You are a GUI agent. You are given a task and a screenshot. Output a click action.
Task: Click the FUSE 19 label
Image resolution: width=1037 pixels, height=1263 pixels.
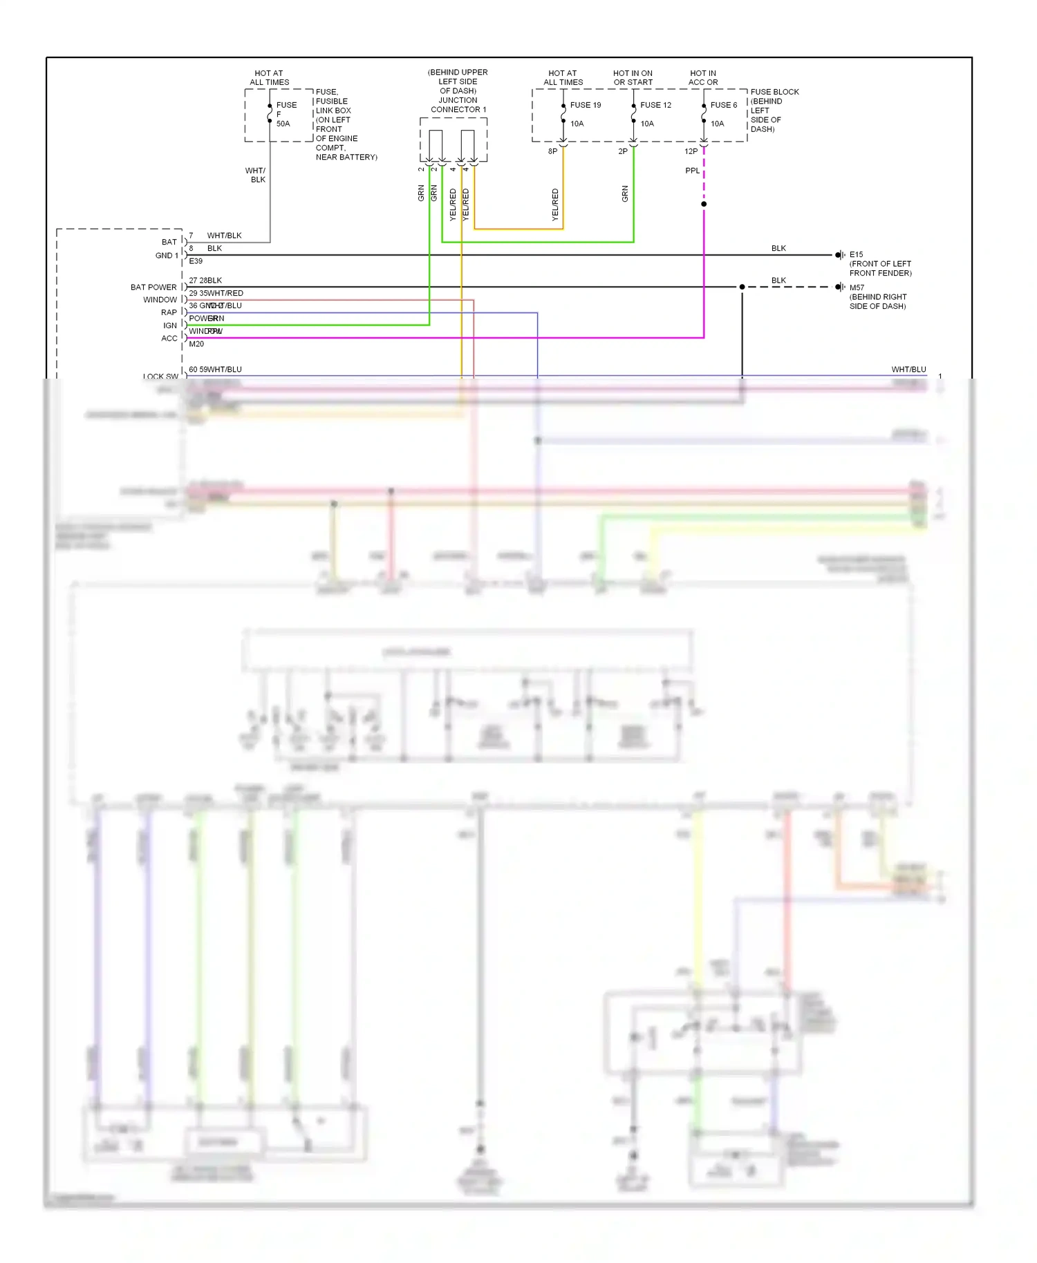click(585, 105)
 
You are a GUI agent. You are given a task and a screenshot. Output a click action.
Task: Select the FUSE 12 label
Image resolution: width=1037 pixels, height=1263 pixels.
click(655, 105)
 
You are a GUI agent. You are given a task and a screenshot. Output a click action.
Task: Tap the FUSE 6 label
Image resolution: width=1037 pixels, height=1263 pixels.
click(724, 105)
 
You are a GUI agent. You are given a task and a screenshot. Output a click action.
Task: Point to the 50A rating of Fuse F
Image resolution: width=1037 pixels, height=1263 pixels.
click(283, 124)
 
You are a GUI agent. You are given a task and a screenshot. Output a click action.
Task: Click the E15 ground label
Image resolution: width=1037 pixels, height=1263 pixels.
click(857, 254)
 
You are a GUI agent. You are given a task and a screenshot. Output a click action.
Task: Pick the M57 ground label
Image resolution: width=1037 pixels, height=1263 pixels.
click(857, 287)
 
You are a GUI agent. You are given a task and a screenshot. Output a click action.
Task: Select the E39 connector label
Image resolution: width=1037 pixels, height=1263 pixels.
click(196, 261)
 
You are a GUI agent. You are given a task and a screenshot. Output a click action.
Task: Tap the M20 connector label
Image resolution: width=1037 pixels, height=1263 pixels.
click(196, 343)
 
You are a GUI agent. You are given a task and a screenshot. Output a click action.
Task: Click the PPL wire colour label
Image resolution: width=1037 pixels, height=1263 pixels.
click(692, 171)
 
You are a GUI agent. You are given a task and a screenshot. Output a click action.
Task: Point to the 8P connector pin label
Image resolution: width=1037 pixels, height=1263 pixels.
click(552, 151)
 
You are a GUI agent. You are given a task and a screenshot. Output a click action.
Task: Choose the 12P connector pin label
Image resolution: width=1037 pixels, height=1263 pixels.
click(691, 151)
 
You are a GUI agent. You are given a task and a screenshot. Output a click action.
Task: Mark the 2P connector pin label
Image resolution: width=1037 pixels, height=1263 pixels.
click(623, 151)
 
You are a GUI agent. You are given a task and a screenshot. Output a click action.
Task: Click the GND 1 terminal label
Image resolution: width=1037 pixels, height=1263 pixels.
click(167, 256)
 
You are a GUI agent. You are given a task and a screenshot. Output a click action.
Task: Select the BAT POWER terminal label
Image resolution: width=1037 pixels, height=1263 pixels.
click(153, 287)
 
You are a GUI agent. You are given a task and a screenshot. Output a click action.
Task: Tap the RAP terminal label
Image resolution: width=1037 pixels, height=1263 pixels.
click(169, 312)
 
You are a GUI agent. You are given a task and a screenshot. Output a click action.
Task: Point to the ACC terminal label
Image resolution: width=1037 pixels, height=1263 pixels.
click(169, 339)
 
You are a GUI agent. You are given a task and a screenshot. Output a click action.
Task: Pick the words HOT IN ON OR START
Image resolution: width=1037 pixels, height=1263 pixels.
click(633, 77)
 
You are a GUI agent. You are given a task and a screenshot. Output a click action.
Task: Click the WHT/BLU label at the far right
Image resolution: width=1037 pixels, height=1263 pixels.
click(908, 370)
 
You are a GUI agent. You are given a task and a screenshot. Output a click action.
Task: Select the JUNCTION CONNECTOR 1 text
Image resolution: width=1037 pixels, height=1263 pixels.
click(458, 105)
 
